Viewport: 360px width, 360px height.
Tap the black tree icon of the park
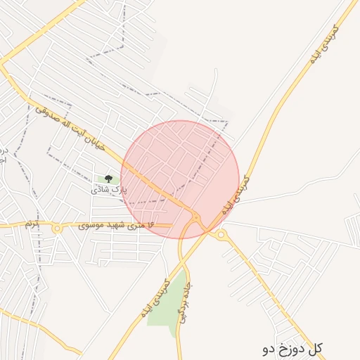click(x=108, y=179)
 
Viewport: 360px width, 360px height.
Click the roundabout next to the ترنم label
click(x=56, y=229)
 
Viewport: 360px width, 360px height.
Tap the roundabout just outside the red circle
click(x=221, y=234)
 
